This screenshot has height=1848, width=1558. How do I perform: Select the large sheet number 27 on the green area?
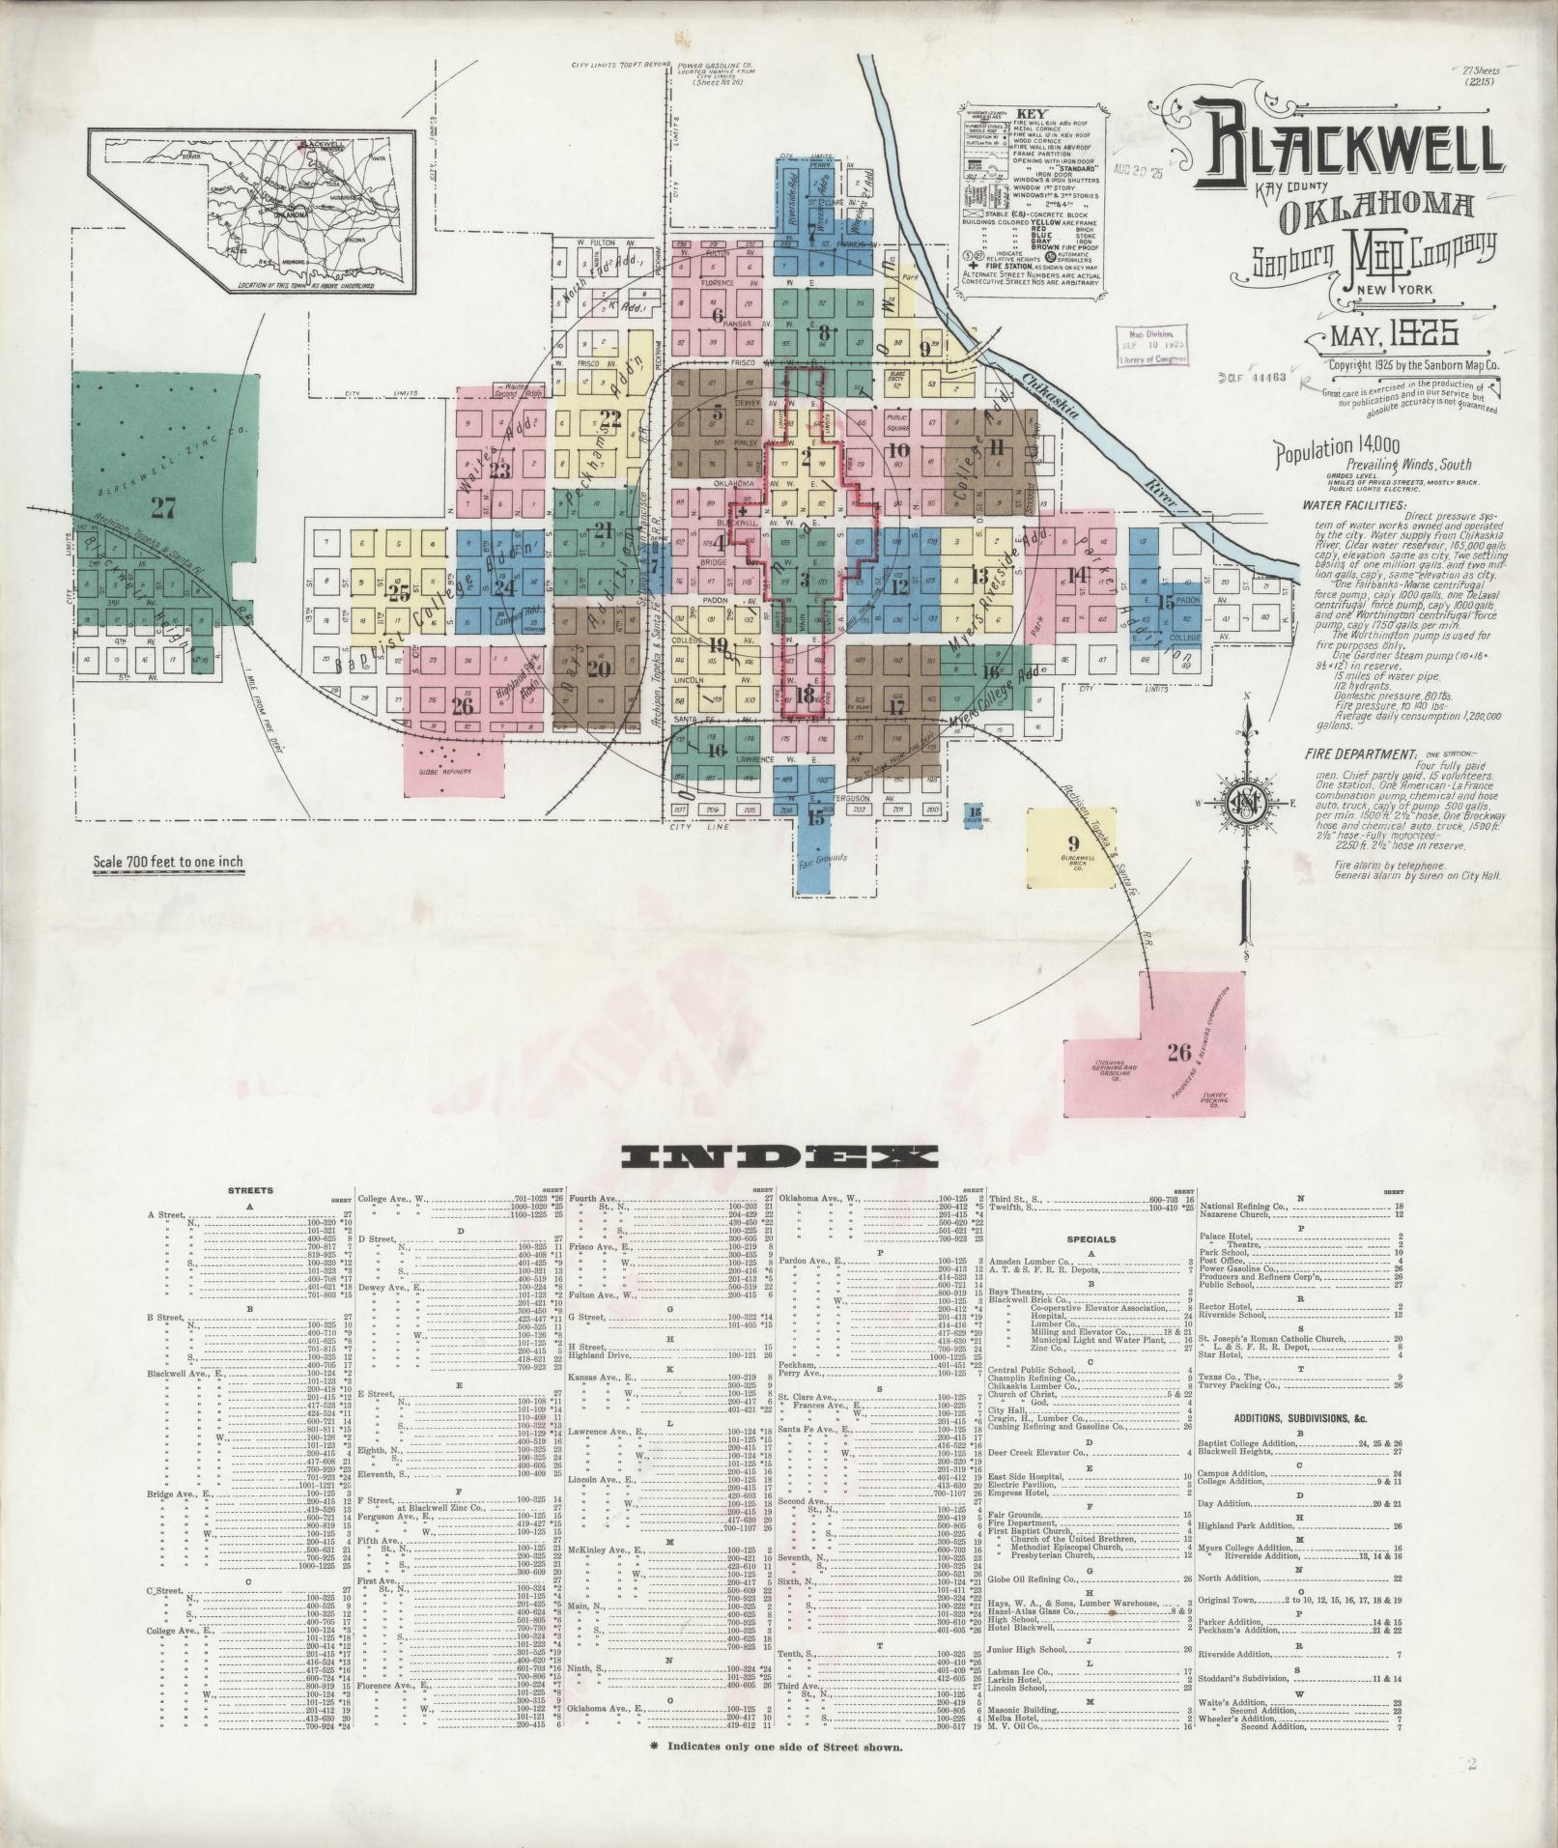click(x=163, y=507)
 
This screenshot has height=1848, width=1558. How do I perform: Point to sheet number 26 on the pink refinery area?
click(x=1177, y=1052)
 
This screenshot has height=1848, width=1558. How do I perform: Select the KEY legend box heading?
click(x=1026, y=113)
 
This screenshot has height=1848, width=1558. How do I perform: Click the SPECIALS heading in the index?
click(x=1091, y=1239)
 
